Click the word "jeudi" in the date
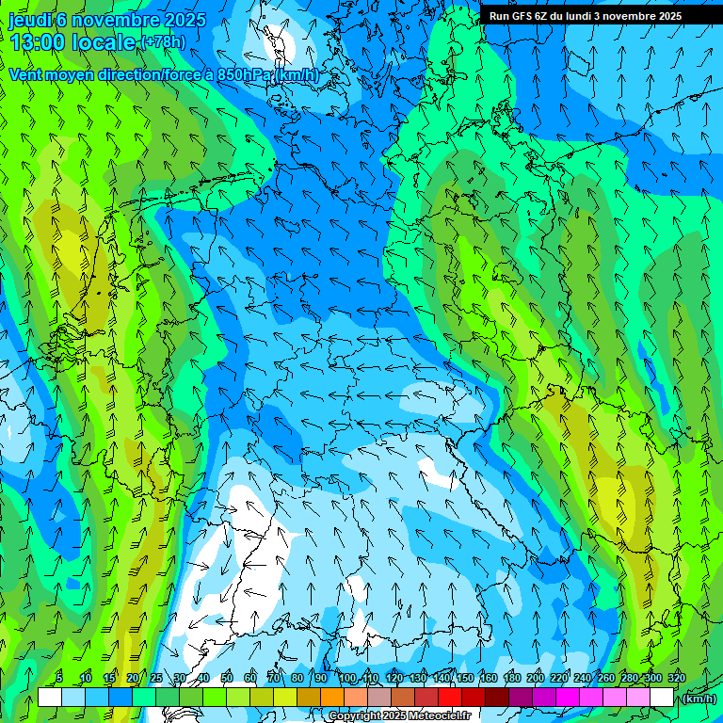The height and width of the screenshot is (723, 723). click(30, 19)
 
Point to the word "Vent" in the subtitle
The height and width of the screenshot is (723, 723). click(25, 74)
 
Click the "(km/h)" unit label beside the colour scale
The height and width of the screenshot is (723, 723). click(698, 698)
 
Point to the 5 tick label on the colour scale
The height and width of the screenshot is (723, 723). click(59, 678)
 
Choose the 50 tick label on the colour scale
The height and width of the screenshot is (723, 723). click(227, 678)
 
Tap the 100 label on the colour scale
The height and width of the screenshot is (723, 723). click(347, 678)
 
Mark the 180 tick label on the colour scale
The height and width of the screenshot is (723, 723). click(511, 678)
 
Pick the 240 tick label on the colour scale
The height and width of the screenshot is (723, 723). click(583, 678)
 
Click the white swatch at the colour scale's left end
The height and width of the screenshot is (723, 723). click(50, 698)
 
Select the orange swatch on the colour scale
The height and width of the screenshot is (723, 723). click(331, 698)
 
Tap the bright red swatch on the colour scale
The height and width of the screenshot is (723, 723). click(449, 698)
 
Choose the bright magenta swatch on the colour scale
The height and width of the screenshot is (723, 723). click(567, 698)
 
